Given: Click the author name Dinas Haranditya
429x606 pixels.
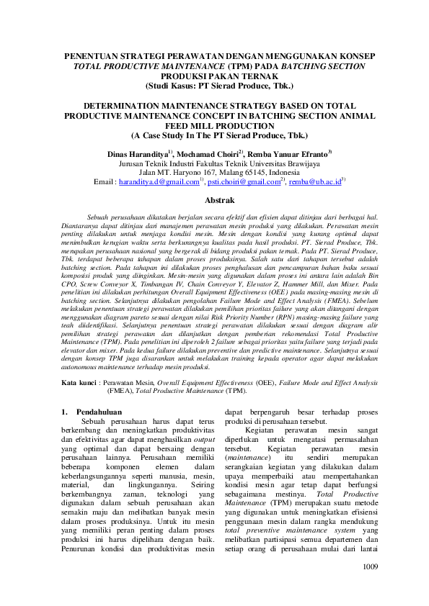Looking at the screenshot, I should click(x=136, y=153).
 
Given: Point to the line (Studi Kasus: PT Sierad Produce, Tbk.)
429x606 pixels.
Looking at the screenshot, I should click(x=214, y=85).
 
